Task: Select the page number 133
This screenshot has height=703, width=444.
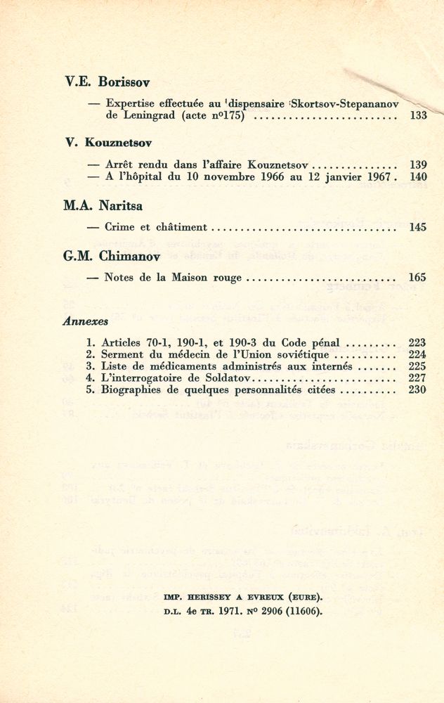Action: tap(418, 116)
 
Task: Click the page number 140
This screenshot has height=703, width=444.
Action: tap(418, 177)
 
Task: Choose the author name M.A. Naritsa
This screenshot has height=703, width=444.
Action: tap(103, 206)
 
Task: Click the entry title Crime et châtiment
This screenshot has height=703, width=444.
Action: tap(155, 227)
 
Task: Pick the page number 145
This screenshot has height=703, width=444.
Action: tap(418, 227)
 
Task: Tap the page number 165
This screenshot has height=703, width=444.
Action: tap(418, 278)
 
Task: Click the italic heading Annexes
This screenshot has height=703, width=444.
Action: tap(85, 321)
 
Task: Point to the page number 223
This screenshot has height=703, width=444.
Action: tap(417, 343)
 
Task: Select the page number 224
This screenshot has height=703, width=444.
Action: tap(417, 355)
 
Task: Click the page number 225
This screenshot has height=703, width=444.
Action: tap(417, 366)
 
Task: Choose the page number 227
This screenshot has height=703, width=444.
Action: tap(417, 378)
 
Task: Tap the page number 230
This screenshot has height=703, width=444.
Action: tap(417, 389)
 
